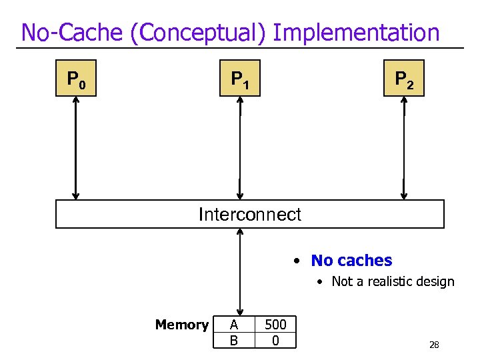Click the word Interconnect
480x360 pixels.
click(x=250, y=215)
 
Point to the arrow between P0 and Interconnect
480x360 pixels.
click(x=76, y=148)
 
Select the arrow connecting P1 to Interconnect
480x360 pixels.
click(x=240, y=148)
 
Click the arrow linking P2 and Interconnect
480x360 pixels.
click(x=404, y=148)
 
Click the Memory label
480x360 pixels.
click(x=181, y=325)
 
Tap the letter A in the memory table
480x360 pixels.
click(x=233, y=325)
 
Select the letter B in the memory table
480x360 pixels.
click(x=233, y=341)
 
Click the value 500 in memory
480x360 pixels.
click(x=275, y=325)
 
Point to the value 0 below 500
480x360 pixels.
click(x=275, y=341)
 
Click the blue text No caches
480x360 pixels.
click(x=351, y=261)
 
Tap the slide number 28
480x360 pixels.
click(x=434, y=345)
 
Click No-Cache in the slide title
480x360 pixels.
click(x=73, y=32)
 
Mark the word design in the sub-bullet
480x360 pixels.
click(x=437, y=282)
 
